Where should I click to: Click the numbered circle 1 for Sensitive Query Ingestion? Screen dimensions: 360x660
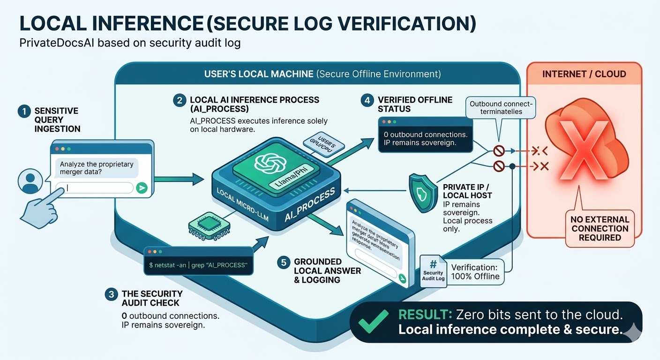[23, 111]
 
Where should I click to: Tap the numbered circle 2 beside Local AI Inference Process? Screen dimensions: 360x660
[179, 100]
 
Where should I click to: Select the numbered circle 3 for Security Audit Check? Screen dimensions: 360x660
[111, 294]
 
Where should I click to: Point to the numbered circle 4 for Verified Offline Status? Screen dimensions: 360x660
[367, 100]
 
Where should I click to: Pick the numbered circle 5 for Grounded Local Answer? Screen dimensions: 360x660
[283, 262]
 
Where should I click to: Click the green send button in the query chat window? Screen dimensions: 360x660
[141, 188]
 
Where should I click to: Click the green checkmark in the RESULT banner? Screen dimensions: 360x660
[372, 322]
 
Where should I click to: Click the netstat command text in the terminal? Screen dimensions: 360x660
[197, 265]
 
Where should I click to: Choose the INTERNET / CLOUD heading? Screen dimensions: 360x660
[584, 74]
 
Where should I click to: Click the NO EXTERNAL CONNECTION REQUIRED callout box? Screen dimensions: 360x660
[600, 228]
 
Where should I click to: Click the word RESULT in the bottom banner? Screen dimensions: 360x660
[423, 315]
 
